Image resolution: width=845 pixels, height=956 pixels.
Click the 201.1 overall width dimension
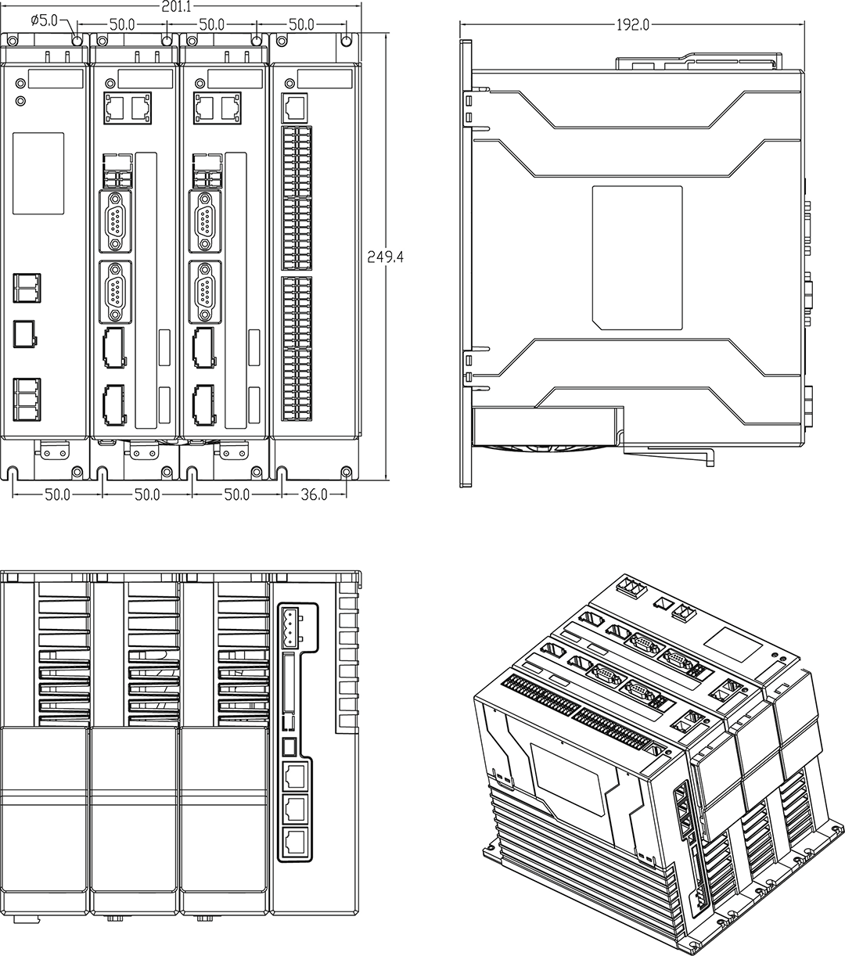(178, 7)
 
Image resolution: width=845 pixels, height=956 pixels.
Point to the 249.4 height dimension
(385, 256)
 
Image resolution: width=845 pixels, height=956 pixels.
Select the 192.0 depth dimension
(632, 25)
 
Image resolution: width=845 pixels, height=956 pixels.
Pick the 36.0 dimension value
(314, 494)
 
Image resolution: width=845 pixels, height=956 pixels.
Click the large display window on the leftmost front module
(38, 173)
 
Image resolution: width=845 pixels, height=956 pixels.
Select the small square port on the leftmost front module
(25, 333)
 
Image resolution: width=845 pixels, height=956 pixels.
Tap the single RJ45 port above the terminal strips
(296, 105)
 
